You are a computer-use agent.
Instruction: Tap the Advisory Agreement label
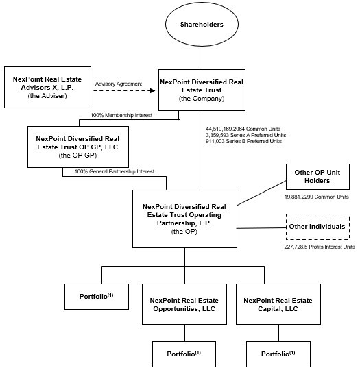(x=119, y=84)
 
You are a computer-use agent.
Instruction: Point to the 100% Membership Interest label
(x=121, y=115)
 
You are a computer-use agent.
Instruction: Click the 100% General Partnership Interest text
(x=115, y=171)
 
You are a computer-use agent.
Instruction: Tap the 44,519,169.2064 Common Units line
(x=243, y=129)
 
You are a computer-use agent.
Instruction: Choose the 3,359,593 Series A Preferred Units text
(x=245, y=135)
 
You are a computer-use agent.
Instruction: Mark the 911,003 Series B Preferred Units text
(x=243, y=141)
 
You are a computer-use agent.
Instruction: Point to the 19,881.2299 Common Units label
(x=317, y=197)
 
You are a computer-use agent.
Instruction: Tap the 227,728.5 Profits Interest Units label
(x=320, y=247)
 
